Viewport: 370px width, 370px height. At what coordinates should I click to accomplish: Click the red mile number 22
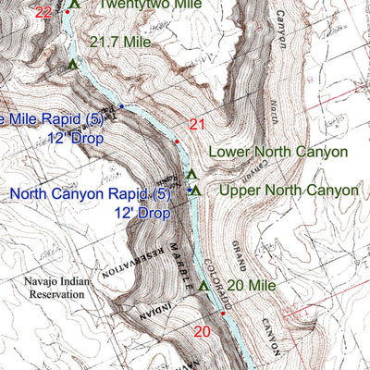pyautogui.click(x=43, y=12)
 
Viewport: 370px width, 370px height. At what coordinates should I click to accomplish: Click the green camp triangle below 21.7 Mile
pyautogui.click(x=73, y=64)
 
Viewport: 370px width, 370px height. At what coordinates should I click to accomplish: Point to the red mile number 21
pyautogui.click(x=196, y=125)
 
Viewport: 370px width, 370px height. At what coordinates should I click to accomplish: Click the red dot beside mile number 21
pyautogui.click(x=177, y=141)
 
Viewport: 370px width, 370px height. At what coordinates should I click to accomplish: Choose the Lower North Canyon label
pyautogui.click(x=277, y=151)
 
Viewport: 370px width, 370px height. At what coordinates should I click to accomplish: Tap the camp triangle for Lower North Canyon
pyautogui.click(x=191, y=173)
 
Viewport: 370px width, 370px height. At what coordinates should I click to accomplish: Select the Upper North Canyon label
pyautogui.click(x=288, y=190)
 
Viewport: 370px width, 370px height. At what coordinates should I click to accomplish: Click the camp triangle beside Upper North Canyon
pyautogui.click(x=196, y=190)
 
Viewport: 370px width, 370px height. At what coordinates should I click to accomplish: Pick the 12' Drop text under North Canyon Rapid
pyautogui.click(x=142, y=213)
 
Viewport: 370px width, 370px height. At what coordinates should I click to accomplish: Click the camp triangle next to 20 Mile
pyautogui.click(x=203, y=285)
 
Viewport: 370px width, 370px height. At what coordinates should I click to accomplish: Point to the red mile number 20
pyautogui.click(x=203, y=331)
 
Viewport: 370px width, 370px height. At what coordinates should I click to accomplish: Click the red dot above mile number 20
pyautogui.click(x=222, y=314)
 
